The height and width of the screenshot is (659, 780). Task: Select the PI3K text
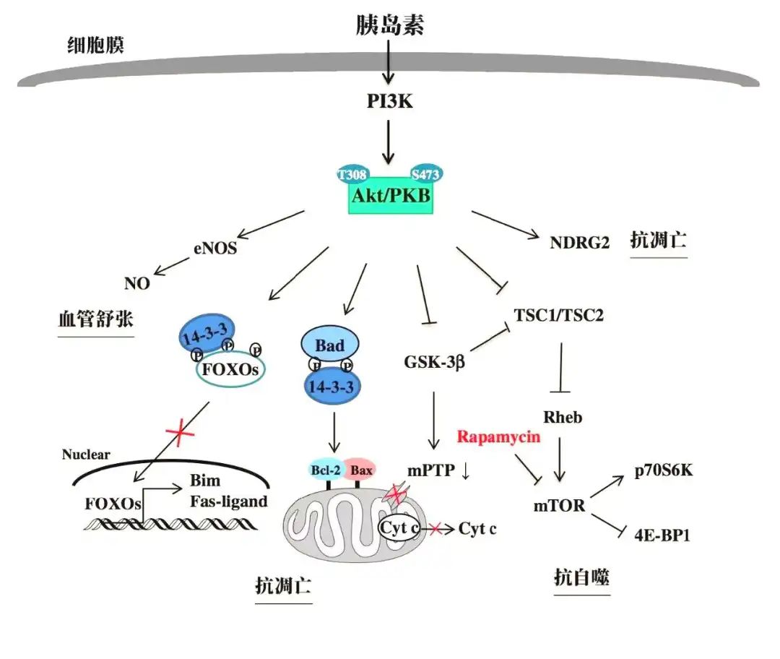pos(389,101)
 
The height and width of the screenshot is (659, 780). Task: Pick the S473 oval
pos(425,174)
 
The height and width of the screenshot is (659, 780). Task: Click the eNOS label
pos(215,249)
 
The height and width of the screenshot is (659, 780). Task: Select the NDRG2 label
pos(579,243)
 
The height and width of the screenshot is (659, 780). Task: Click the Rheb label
pos(562,417)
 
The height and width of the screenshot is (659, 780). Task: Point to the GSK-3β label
pos(434,361)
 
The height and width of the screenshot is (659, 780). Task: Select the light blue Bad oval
pos(329,346)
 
